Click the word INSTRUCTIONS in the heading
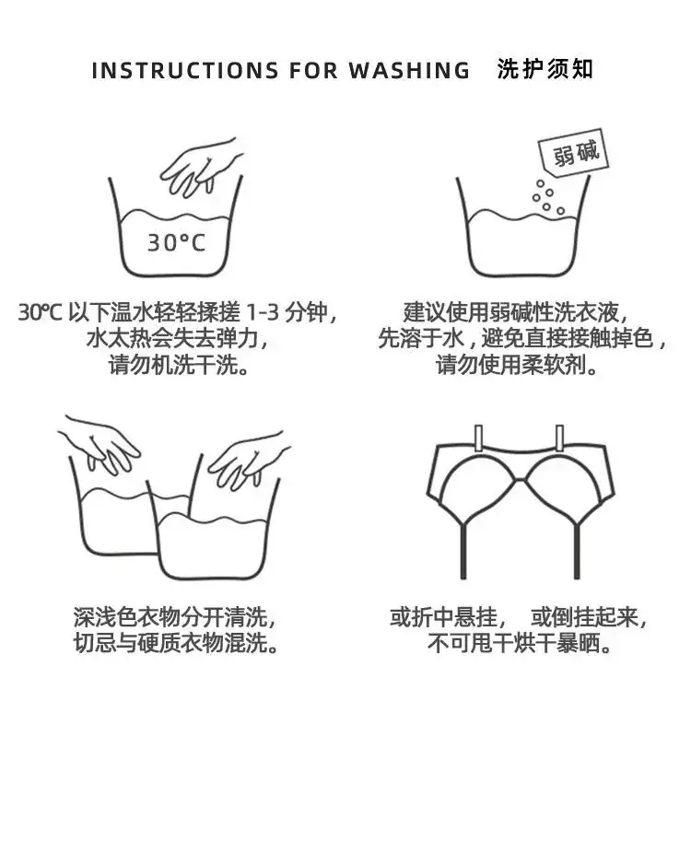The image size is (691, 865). (x=185, y=71)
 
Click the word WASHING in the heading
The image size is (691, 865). (x=409, y=71)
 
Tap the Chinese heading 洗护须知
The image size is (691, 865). (x=545, y=69)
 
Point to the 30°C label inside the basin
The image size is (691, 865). (x=176, y=242)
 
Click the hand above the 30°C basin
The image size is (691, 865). (x=199, y=167)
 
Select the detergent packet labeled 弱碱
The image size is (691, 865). (x=573, y=152)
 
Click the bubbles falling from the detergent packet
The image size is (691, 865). (x=547, y=197)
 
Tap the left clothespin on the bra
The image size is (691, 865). (x=478, y=438)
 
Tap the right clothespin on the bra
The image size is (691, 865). (x=559, y=438)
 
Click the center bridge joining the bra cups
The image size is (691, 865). (x=520, y=481)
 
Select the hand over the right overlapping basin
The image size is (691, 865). (x=247, y=459)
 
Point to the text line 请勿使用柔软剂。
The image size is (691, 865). (x=517, y=365)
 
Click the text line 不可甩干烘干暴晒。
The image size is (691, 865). (x=520, y=643)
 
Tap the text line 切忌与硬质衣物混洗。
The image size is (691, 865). (x=176, y=643)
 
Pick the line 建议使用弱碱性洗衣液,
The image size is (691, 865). (x=516, y=312)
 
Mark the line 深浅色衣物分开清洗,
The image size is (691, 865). (x=174, y=617)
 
